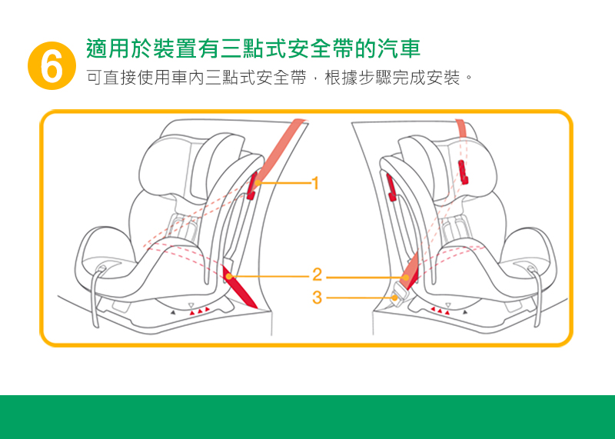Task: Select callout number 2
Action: pos(317,274)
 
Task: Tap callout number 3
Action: pos(317,295)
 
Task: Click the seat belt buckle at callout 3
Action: pos(398,294)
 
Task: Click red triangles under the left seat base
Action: pos(199,310)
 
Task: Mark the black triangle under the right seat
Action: pos(464,312)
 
